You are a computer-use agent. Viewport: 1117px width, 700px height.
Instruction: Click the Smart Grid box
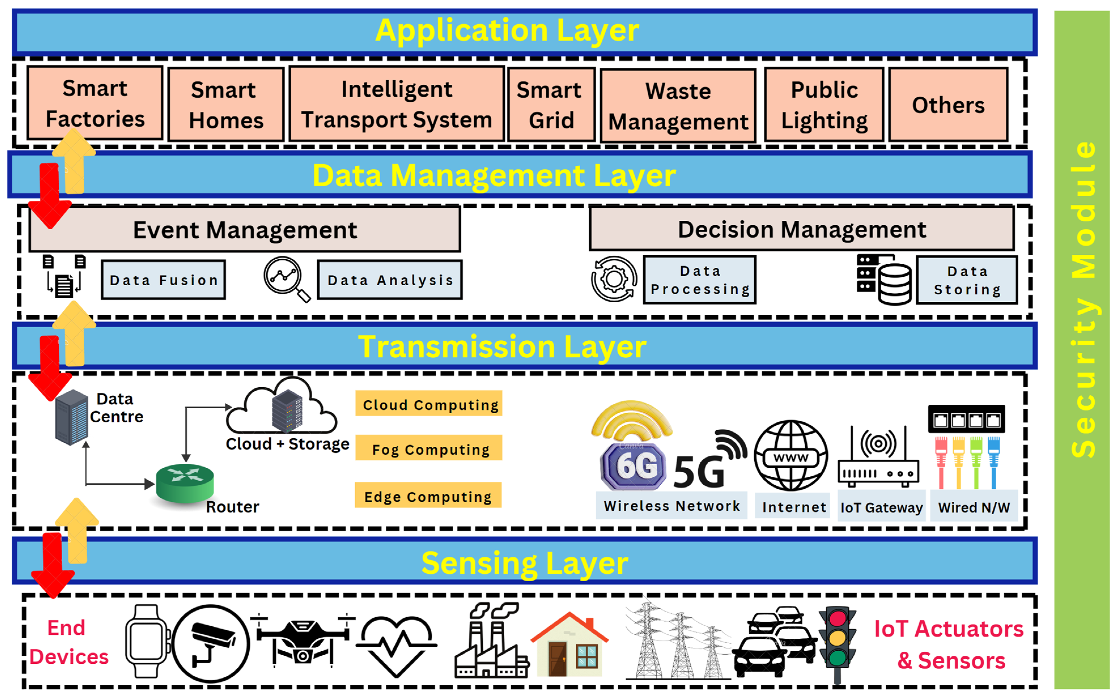tap(551, 105)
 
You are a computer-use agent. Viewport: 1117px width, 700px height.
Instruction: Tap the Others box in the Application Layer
tap(948, 105)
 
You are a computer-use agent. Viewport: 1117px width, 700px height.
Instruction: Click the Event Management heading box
tap(245, 230)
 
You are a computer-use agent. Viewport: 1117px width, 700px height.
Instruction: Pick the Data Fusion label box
tap(163, 280)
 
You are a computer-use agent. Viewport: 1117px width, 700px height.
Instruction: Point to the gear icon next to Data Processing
tap(614, 279)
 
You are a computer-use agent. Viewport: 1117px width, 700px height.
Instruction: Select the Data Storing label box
tap(967, 280)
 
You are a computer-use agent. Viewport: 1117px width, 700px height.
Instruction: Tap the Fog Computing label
tap(429, 449)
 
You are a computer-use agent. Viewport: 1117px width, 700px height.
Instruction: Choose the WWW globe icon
tap(791, 455)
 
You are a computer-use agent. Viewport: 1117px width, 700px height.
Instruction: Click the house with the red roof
tap(570, 645)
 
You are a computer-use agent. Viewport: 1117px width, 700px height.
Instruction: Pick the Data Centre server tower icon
tap(71, 417)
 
